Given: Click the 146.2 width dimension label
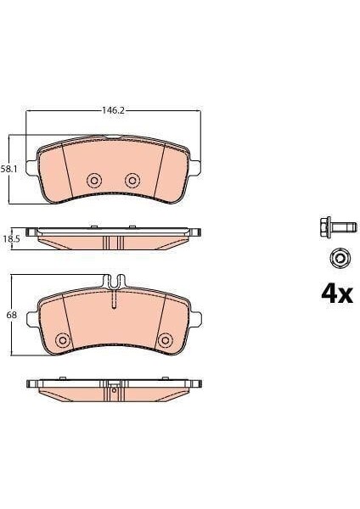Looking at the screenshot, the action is point(113,110).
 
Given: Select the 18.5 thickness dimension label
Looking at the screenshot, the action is point(11,239).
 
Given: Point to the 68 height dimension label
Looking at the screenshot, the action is point(11,315).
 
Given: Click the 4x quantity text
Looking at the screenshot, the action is point(337,294).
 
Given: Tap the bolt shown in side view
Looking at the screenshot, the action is point(338,227).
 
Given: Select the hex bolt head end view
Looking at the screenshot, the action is point(340,259).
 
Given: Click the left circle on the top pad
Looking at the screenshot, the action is point(94,180).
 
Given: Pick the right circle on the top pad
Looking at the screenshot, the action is point(132,180).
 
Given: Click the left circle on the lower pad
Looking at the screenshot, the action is point(63,340).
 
